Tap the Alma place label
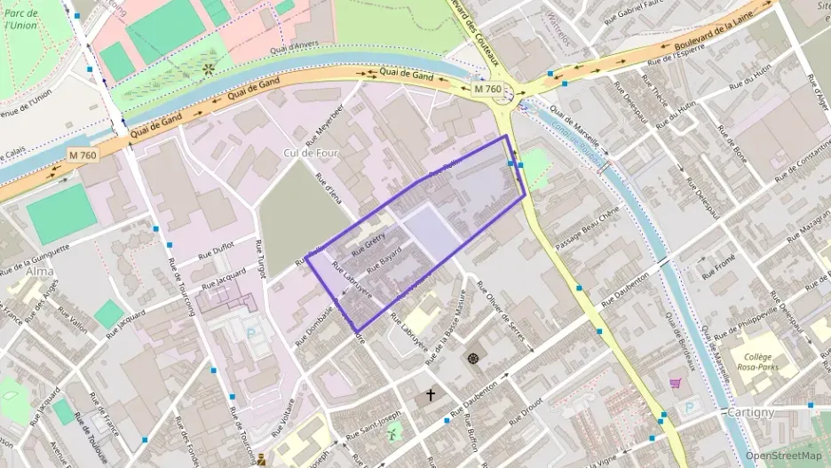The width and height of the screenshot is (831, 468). click(x=40, y=271)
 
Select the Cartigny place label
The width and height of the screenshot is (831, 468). click(x=751, y=413)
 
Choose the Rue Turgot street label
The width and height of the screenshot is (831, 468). click(x=261, y=259)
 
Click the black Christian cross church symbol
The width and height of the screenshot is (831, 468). click(x=431, y=394)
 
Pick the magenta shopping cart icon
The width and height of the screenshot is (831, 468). click(x=675, y=384)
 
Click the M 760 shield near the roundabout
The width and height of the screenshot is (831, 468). click(x=487, y=89)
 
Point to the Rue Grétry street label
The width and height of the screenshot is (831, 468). click(x=367, y=245)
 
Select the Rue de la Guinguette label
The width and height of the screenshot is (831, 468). click(x=36, y=259)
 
